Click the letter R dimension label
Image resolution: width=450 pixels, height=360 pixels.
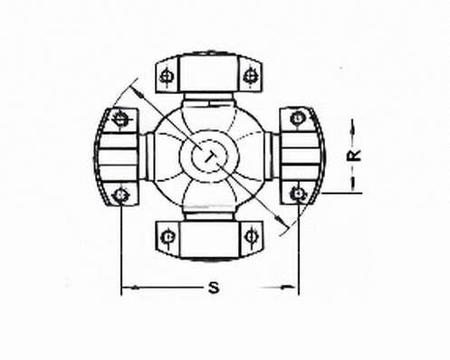357,155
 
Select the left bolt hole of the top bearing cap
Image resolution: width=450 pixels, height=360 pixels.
166,76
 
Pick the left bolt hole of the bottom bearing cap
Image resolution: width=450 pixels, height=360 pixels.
166,237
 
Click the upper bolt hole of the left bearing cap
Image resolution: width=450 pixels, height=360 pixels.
121,117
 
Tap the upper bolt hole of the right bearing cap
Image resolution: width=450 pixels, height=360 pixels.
296,117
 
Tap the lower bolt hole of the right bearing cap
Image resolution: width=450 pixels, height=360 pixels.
296,193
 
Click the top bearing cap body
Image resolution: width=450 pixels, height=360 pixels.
207,72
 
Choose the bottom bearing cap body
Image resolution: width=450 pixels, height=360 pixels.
207,239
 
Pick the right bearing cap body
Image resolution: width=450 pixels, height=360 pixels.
300,155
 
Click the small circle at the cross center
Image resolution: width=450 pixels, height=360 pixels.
207,156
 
